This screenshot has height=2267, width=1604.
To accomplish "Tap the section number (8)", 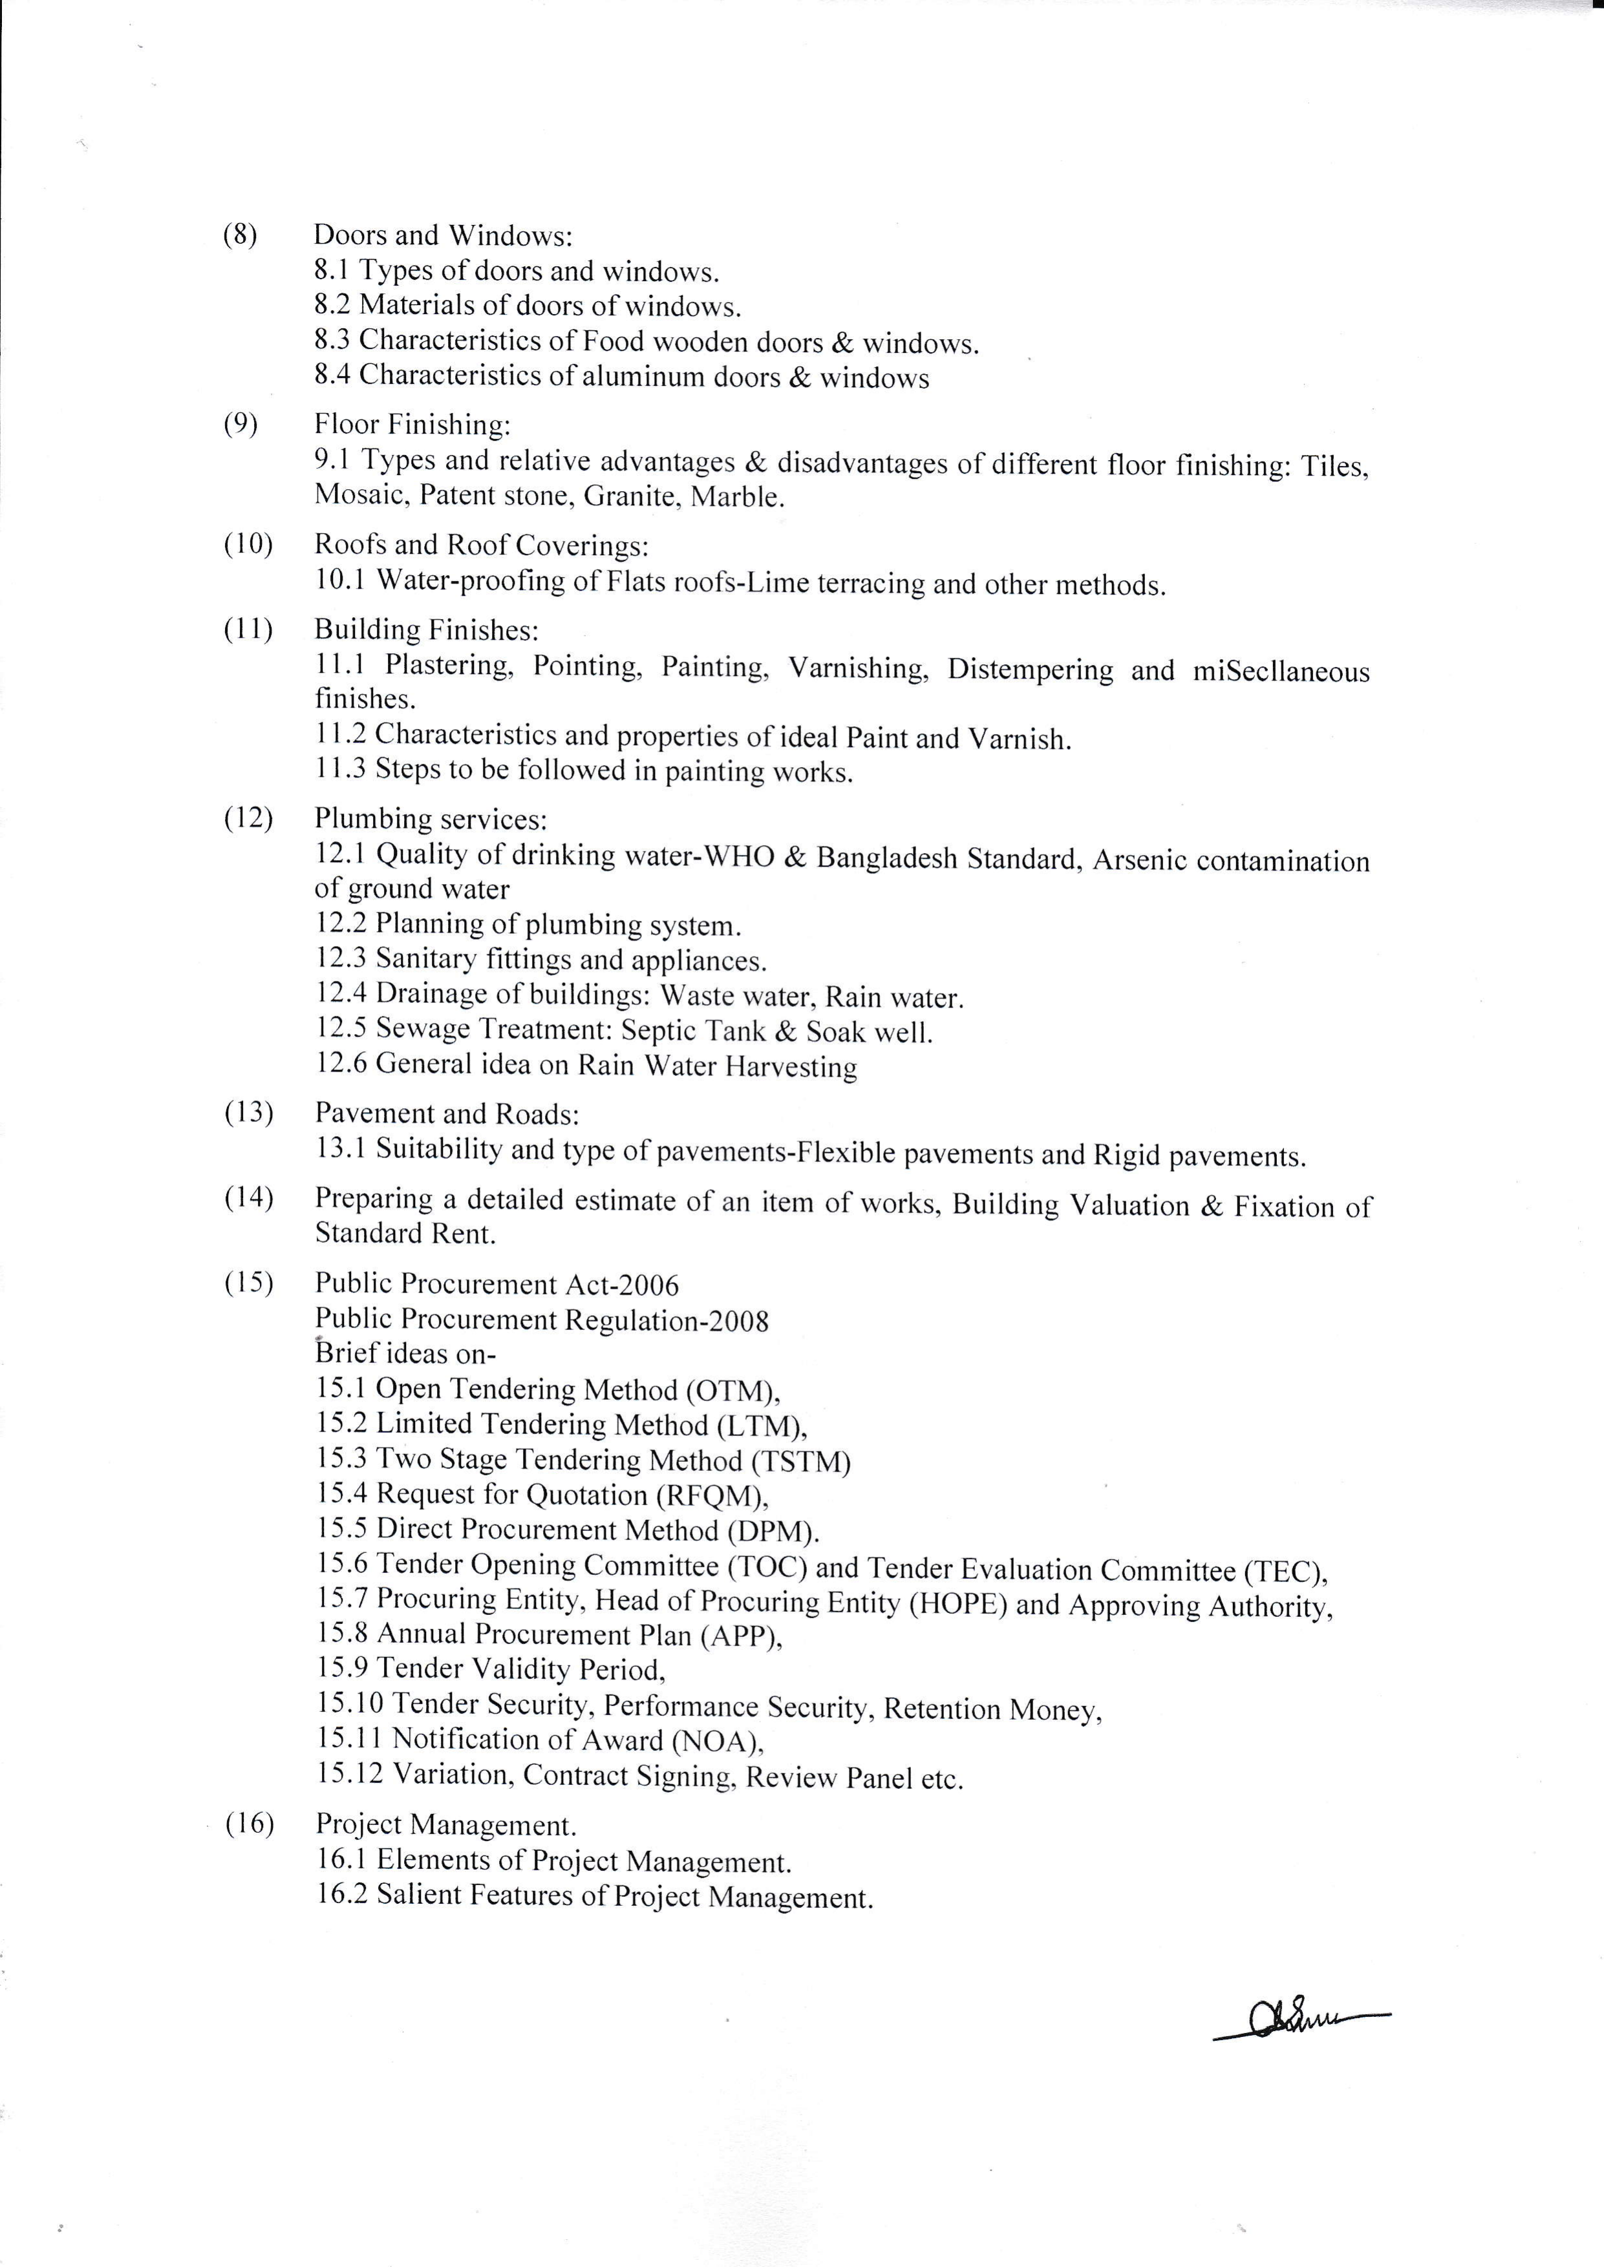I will (x=240, y=235).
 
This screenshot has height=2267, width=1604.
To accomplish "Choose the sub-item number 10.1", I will (x=340, y=580).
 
